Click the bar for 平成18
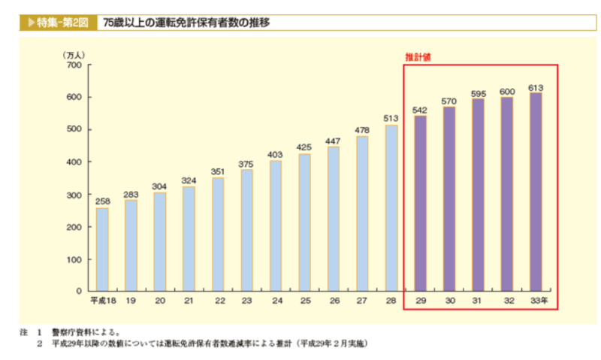click(102, 249)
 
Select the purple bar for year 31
click(479, 195)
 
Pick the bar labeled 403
click(276, 225)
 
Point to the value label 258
click(102, 202)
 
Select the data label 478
click(362, 131)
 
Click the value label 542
click(420, 110)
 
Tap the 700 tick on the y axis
click(74, 65)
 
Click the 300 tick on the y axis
click(74, 195)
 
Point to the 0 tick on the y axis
click(78, 291)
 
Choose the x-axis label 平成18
click(102, 301)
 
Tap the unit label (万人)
click(74, 54)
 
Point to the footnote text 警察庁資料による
click(86, 331)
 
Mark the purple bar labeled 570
click(449, 198)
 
